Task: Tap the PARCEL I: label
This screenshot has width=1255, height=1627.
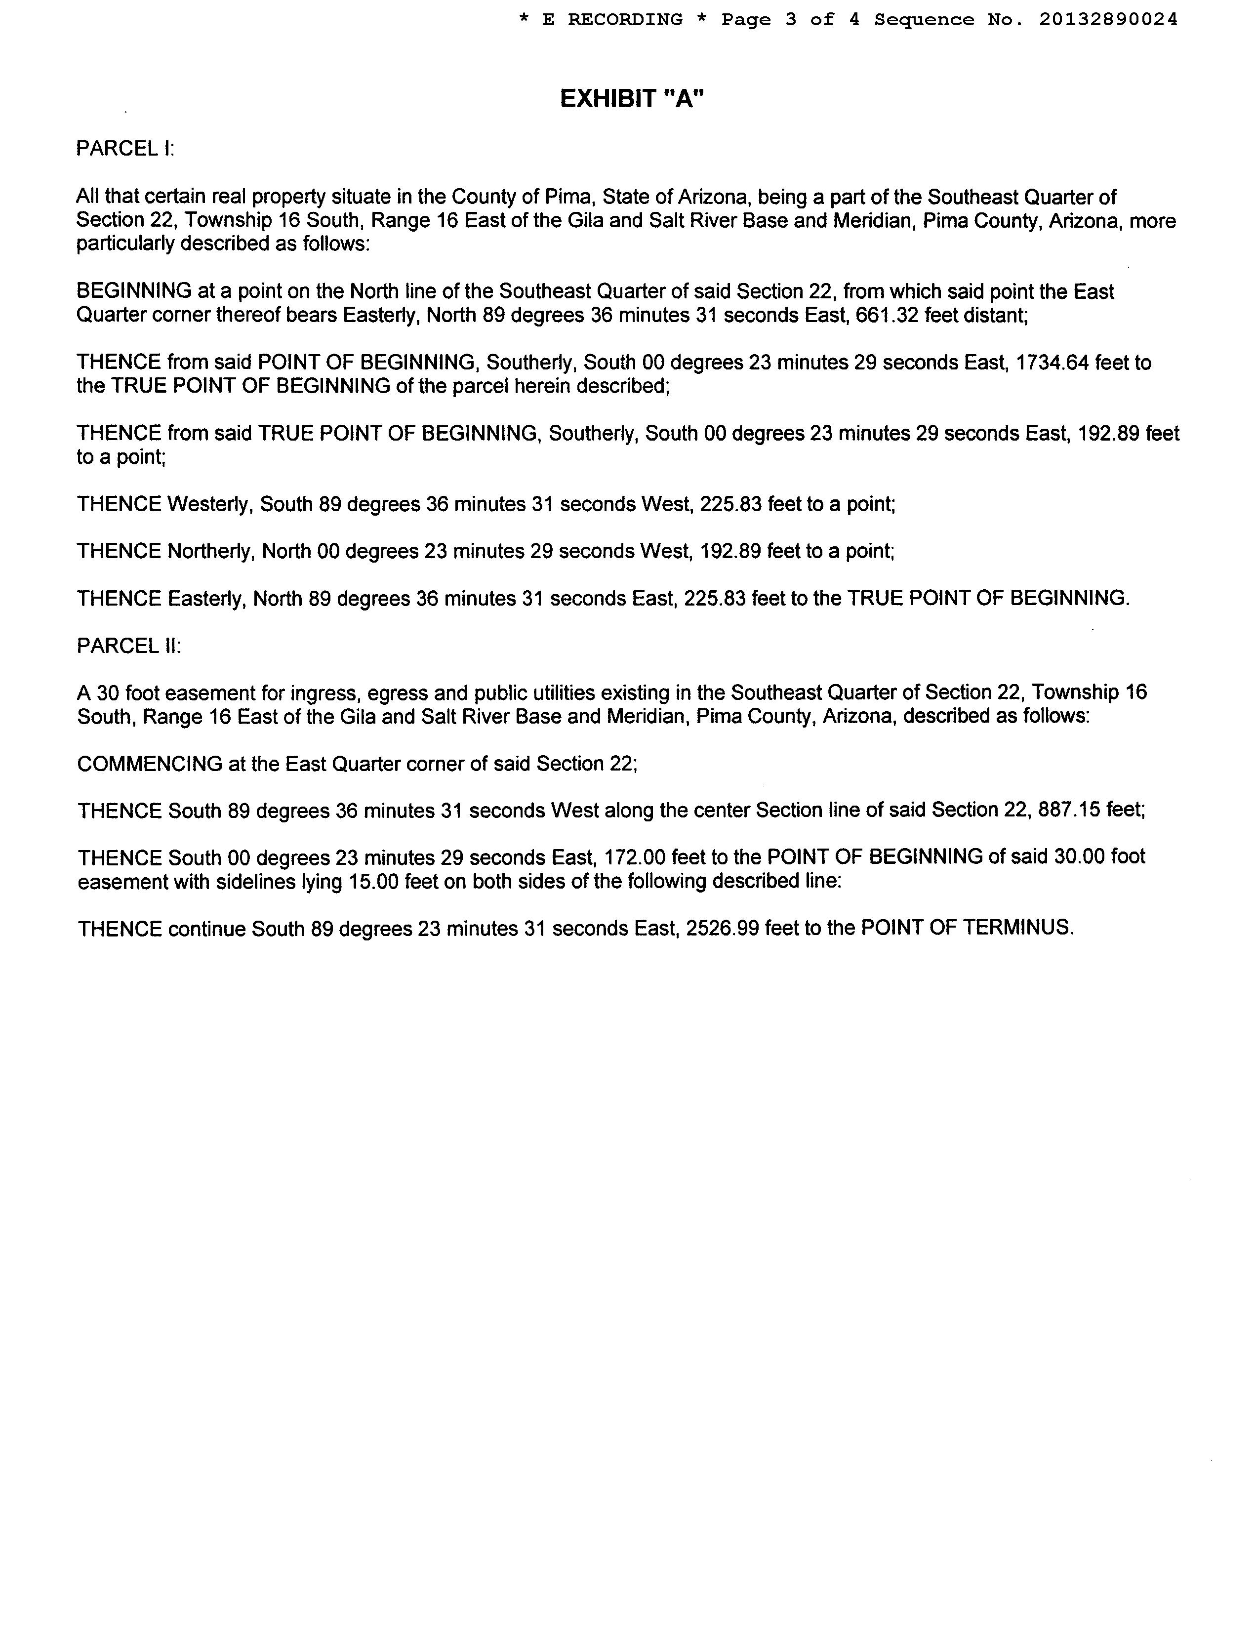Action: pos(124,149)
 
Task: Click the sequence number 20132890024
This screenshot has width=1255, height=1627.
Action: pos(1108,20)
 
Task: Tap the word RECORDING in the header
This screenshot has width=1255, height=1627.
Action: pos(625,20)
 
